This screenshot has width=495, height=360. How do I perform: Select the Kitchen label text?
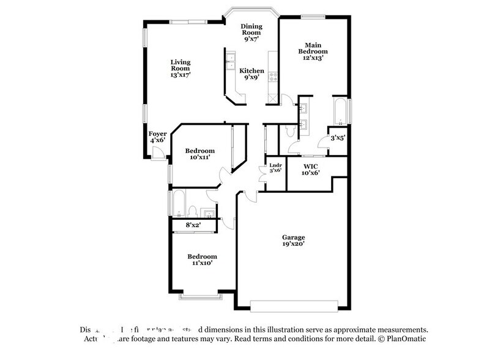click(251, 74)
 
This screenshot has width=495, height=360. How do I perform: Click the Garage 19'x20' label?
click(293, 241)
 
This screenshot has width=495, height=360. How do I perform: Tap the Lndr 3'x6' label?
click(275, 167)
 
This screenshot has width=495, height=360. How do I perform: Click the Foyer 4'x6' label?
click(157, 137)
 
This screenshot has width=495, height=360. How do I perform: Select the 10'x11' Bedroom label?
click(200, 154)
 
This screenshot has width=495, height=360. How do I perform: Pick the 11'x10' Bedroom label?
click(201, 260)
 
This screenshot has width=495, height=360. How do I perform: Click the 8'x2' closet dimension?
click(193, 225)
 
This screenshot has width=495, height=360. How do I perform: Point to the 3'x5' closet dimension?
click(338, 138)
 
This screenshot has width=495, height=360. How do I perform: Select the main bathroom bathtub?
click(339, 111)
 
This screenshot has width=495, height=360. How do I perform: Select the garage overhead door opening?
click(294, 304)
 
